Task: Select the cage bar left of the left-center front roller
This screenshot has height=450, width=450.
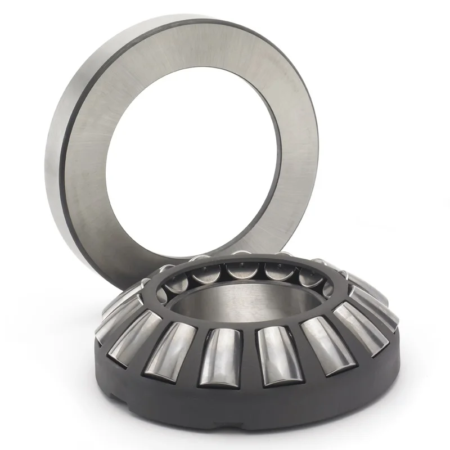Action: click(197, 354)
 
